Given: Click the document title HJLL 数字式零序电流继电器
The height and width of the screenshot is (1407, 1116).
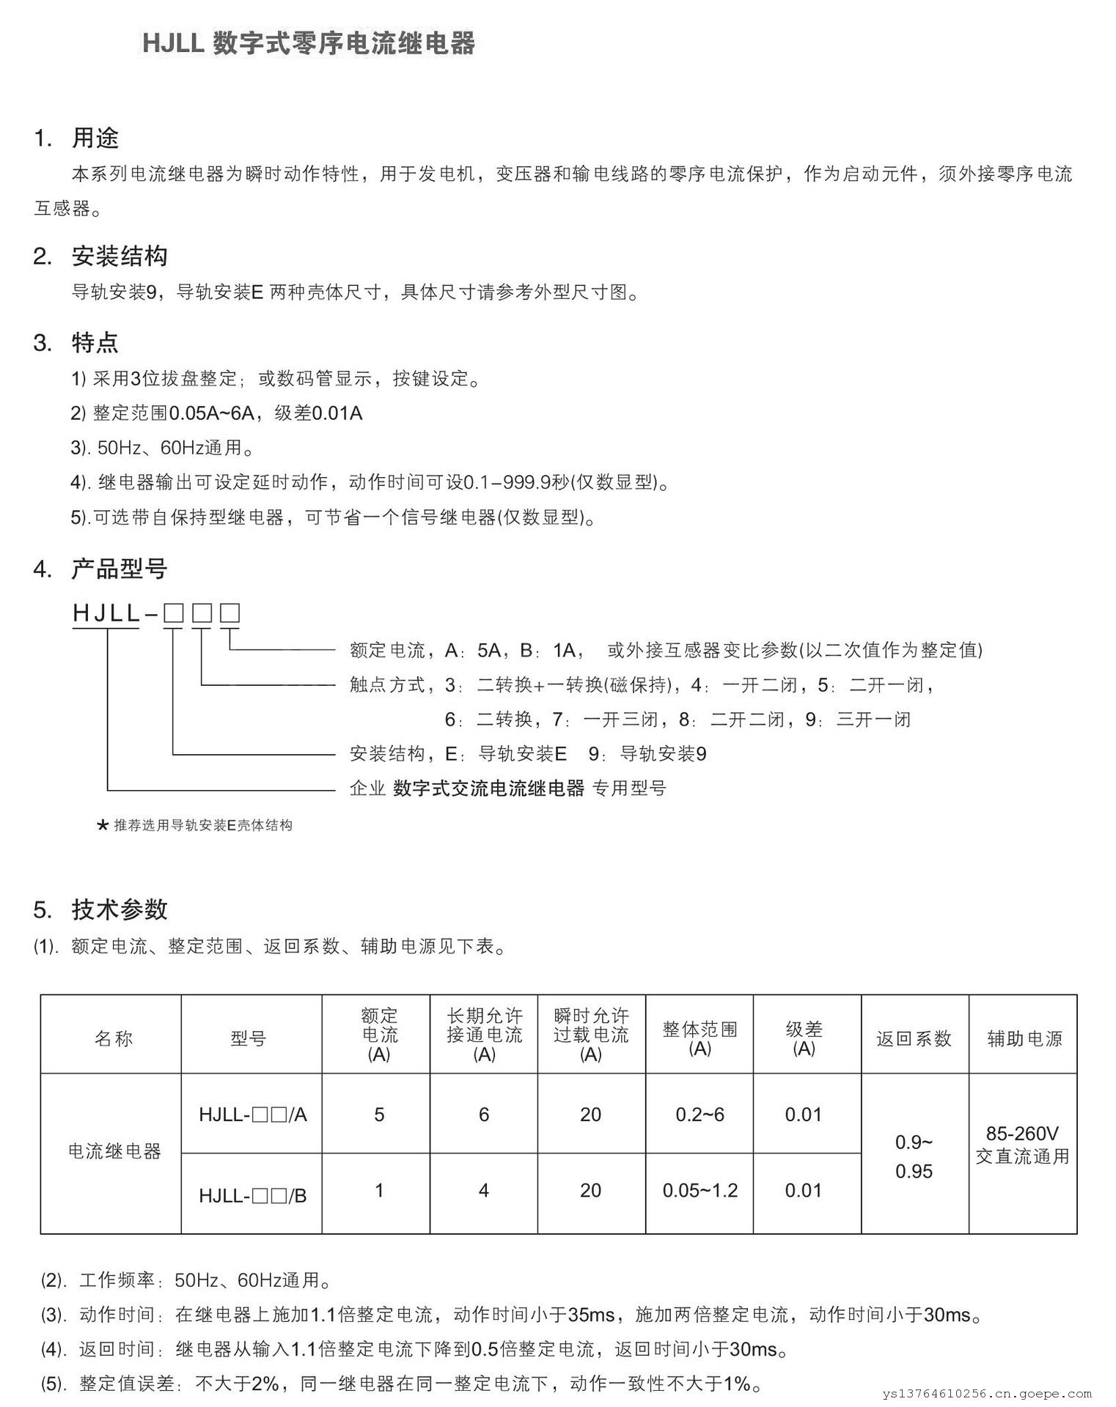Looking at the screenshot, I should [x=308, y=44].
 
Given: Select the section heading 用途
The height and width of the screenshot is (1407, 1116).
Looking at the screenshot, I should [x=95, y=138].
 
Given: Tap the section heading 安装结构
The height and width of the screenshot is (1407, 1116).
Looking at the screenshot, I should [x=120, y=256].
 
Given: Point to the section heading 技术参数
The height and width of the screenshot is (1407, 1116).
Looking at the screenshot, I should [x=120, y=909].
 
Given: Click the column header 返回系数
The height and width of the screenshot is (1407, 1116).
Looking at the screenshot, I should [x=914, y=1038].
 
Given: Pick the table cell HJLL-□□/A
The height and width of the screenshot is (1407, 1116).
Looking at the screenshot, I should [x=252, y=1115].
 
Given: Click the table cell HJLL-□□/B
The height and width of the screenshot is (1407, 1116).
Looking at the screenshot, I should [x=252, y=1195].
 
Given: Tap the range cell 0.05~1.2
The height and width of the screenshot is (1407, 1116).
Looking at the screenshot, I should [x=700, y=1191].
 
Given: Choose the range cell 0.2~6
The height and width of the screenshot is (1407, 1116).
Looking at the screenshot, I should [x=700, y=1115].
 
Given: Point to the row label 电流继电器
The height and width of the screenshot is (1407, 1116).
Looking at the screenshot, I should [x=114, y=1151].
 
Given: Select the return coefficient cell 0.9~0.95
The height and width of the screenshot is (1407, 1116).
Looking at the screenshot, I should [x=914, y=1156].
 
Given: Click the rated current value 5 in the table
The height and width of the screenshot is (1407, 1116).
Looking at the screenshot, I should [x=379, y=1115].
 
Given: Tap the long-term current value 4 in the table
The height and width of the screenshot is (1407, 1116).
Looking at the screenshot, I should [x=484, y=1191].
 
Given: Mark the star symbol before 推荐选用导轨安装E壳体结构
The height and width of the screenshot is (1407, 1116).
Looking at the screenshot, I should [x=103, y=826].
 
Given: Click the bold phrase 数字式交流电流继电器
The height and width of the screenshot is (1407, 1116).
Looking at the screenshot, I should [x=488, y=789].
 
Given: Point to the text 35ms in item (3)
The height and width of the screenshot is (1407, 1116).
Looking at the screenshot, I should [x=591, y=1315].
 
